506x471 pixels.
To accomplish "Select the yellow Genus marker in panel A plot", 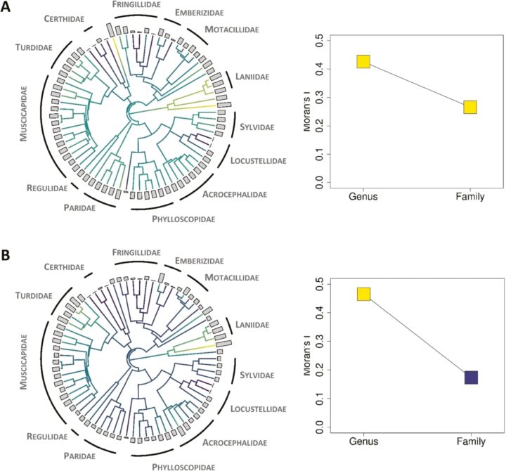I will [363, 62].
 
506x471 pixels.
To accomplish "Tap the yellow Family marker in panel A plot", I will [469, 107].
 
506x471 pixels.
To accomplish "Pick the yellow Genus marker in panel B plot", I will [363, 294].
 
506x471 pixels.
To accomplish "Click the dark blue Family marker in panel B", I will [470, 378].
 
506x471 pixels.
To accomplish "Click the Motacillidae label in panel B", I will [232, 278].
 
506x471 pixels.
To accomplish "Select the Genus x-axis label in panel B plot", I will [363, 444].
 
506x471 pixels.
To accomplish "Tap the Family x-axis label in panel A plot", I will [469, 197].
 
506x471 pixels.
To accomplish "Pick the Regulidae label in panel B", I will [48, 435].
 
